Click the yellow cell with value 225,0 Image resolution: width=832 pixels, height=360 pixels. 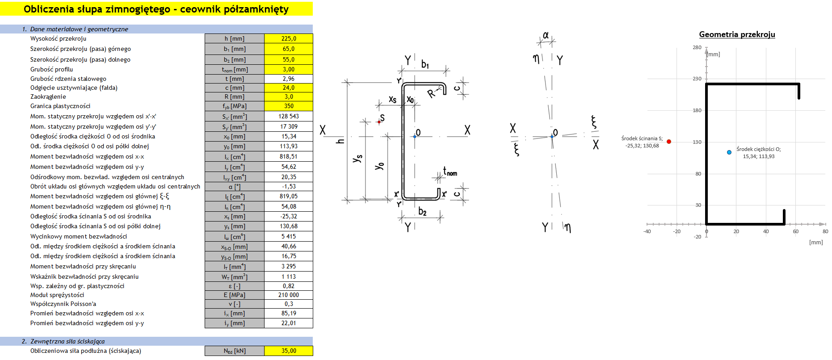coord(289,39)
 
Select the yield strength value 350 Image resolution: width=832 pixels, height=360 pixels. coord(289,106)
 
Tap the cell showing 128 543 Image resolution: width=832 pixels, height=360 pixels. coord(289,117)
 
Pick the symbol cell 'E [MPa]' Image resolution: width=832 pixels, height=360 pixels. coord(235,295)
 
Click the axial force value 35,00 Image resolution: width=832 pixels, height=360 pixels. coord(289,351)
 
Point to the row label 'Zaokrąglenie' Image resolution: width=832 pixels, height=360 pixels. coord(48,97)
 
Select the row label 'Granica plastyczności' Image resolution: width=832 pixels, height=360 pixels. coord(60,106)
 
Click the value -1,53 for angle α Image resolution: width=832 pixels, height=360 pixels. coord(289,187)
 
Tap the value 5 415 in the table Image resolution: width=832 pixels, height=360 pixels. coord(289,237)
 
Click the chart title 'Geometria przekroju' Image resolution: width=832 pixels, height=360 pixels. coord(737,34)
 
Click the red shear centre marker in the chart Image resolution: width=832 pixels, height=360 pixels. coord(669,142)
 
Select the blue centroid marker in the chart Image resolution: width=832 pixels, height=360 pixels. coord(729,152)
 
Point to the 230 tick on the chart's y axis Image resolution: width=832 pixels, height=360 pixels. coord(697,79)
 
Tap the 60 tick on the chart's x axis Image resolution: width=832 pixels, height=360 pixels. coord(795,231)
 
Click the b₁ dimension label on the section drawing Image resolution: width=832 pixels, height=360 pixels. coord(425,64)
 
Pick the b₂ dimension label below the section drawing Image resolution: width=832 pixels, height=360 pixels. coord(422,212)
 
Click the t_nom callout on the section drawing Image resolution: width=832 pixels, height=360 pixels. coord(450,172)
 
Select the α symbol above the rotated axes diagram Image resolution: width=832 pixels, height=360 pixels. coord(546,35)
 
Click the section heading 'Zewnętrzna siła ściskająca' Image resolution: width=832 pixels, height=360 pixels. coord(67,342)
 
